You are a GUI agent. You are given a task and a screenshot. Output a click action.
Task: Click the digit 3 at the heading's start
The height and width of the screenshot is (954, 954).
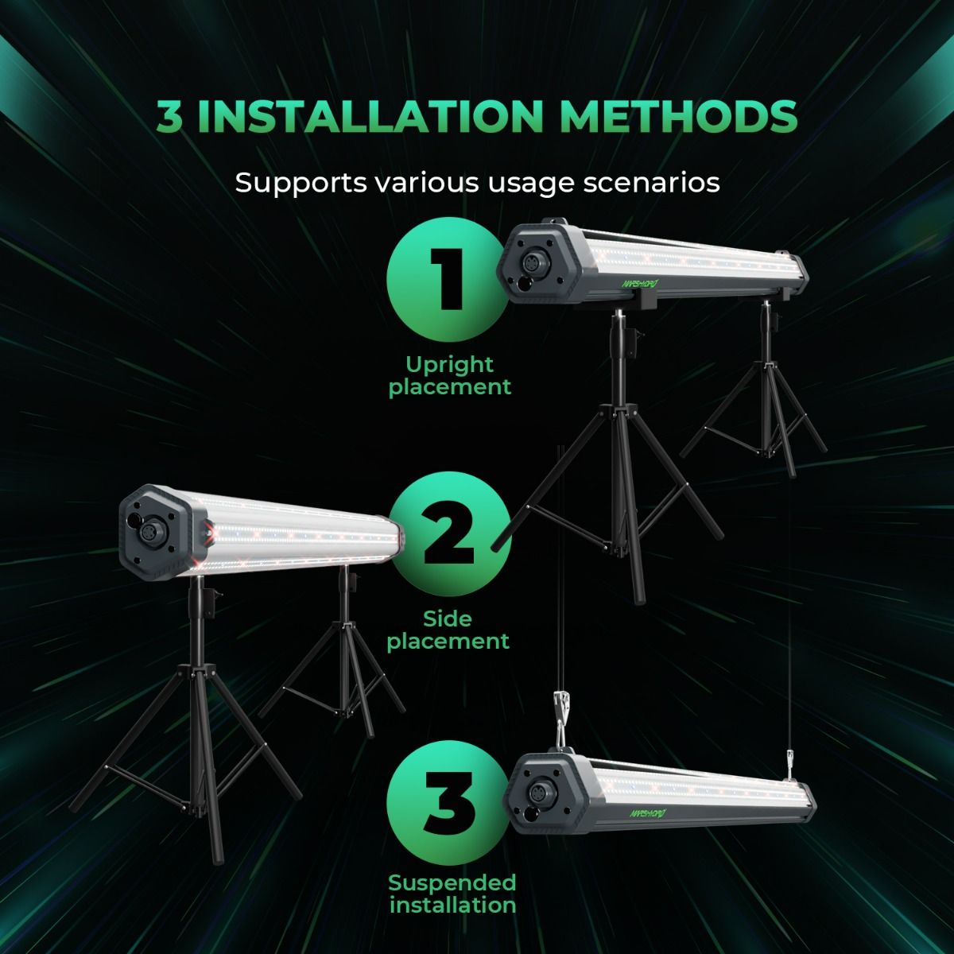pyautogui.click(x=169, y=117)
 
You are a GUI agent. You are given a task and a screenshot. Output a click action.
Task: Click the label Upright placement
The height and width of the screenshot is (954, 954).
pyautogui.click(x=449, y=376)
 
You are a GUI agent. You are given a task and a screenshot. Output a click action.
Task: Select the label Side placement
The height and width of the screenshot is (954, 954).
pyautogui.click(x=448, y=630)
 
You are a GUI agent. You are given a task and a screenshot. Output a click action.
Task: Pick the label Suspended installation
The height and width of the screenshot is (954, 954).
pyautogui.click(x=452, y=893)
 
